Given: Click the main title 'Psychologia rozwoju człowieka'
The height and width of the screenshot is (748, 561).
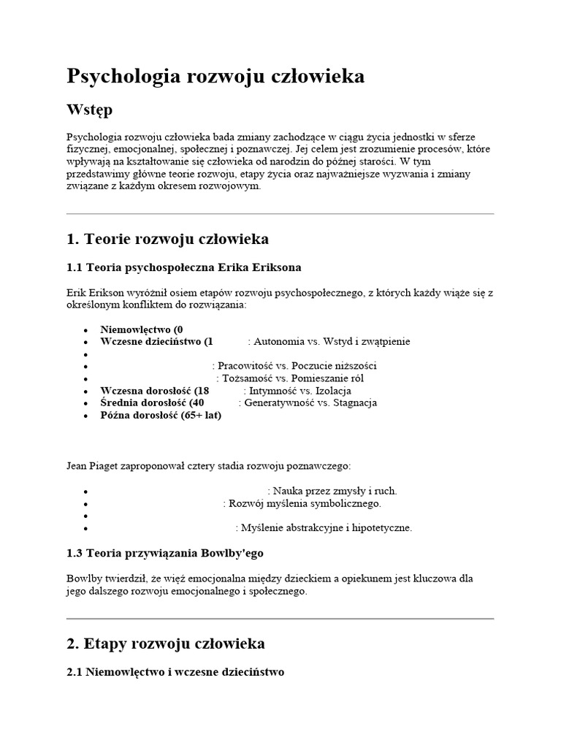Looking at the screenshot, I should (x=215, y=77).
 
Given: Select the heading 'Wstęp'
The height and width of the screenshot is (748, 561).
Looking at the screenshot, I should (x=90, y=110).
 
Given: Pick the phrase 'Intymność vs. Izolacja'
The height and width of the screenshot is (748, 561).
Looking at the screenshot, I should (x=297, y=391).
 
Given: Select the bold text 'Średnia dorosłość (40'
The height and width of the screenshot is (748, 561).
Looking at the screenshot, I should (x=153, y=403).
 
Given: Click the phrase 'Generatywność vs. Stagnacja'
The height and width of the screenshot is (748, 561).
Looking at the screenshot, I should (x=310, y=403).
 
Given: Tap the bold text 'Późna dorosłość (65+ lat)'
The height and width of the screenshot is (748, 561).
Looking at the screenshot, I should (x=161, y=416).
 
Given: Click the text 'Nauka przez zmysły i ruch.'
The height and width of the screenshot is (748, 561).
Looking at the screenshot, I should (x=335, y=491).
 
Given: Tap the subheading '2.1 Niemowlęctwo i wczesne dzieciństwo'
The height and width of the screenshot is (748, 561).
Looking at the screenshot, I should (x=175, y=672).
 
